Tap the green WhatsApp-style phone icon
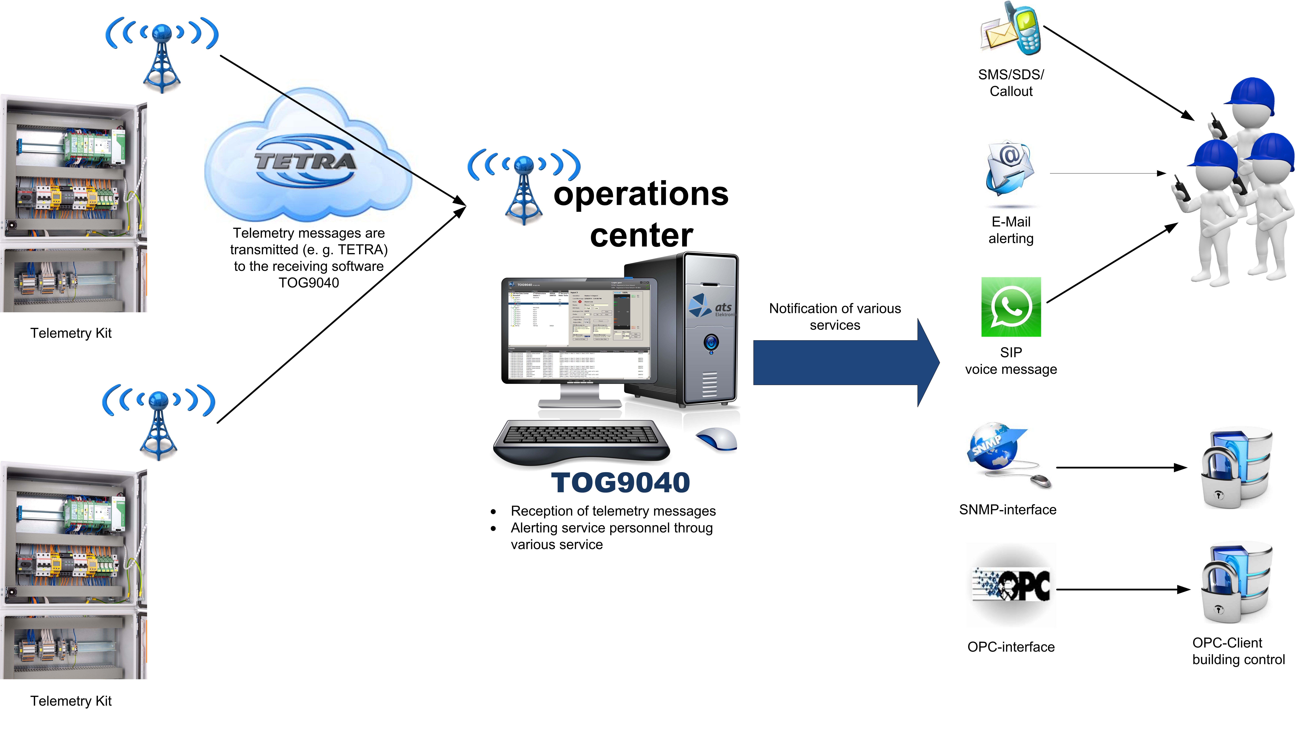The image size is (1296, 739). pyautogui.click(x=1010, y=307)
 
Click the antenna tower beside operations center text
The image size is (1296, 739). pyautogui.click(x=524, y=188)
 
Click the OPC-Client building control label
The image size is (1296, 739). pyautogui.click(x=1238, y=651)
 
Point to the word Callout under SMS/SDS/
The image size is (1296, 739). pyautogui.click(x=1011, y=91)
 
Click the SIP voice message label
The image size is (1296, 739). pyautogui.click(x=1011, y=361)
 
